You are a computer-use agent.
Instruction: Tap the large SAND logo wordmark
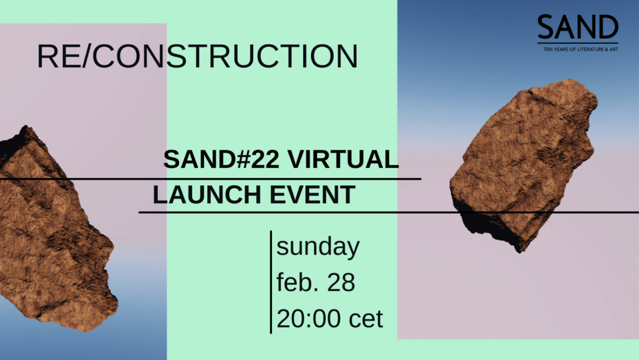click(x=578, y=27)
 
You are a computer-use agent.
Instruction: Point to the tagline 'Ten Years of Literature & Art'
click(x=581, y=49)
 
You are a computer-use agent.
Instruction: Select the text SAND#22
click(x=222, y=159)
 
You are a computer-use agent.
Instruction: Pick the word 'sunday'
click(x=318, y=247)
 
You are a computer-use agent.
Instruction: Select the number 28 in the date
click(x=341, y=282)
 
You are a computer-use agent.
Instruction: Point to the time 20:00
click(x=309, y=318)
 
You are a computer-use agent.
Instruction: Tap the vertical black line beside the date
click(x=271, y=282)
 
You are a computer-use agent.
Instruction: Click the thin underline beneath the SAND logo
click(x=578, y=43)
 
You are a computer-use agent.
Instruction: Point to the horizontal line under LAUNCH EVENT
click(x=389, y=212)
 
